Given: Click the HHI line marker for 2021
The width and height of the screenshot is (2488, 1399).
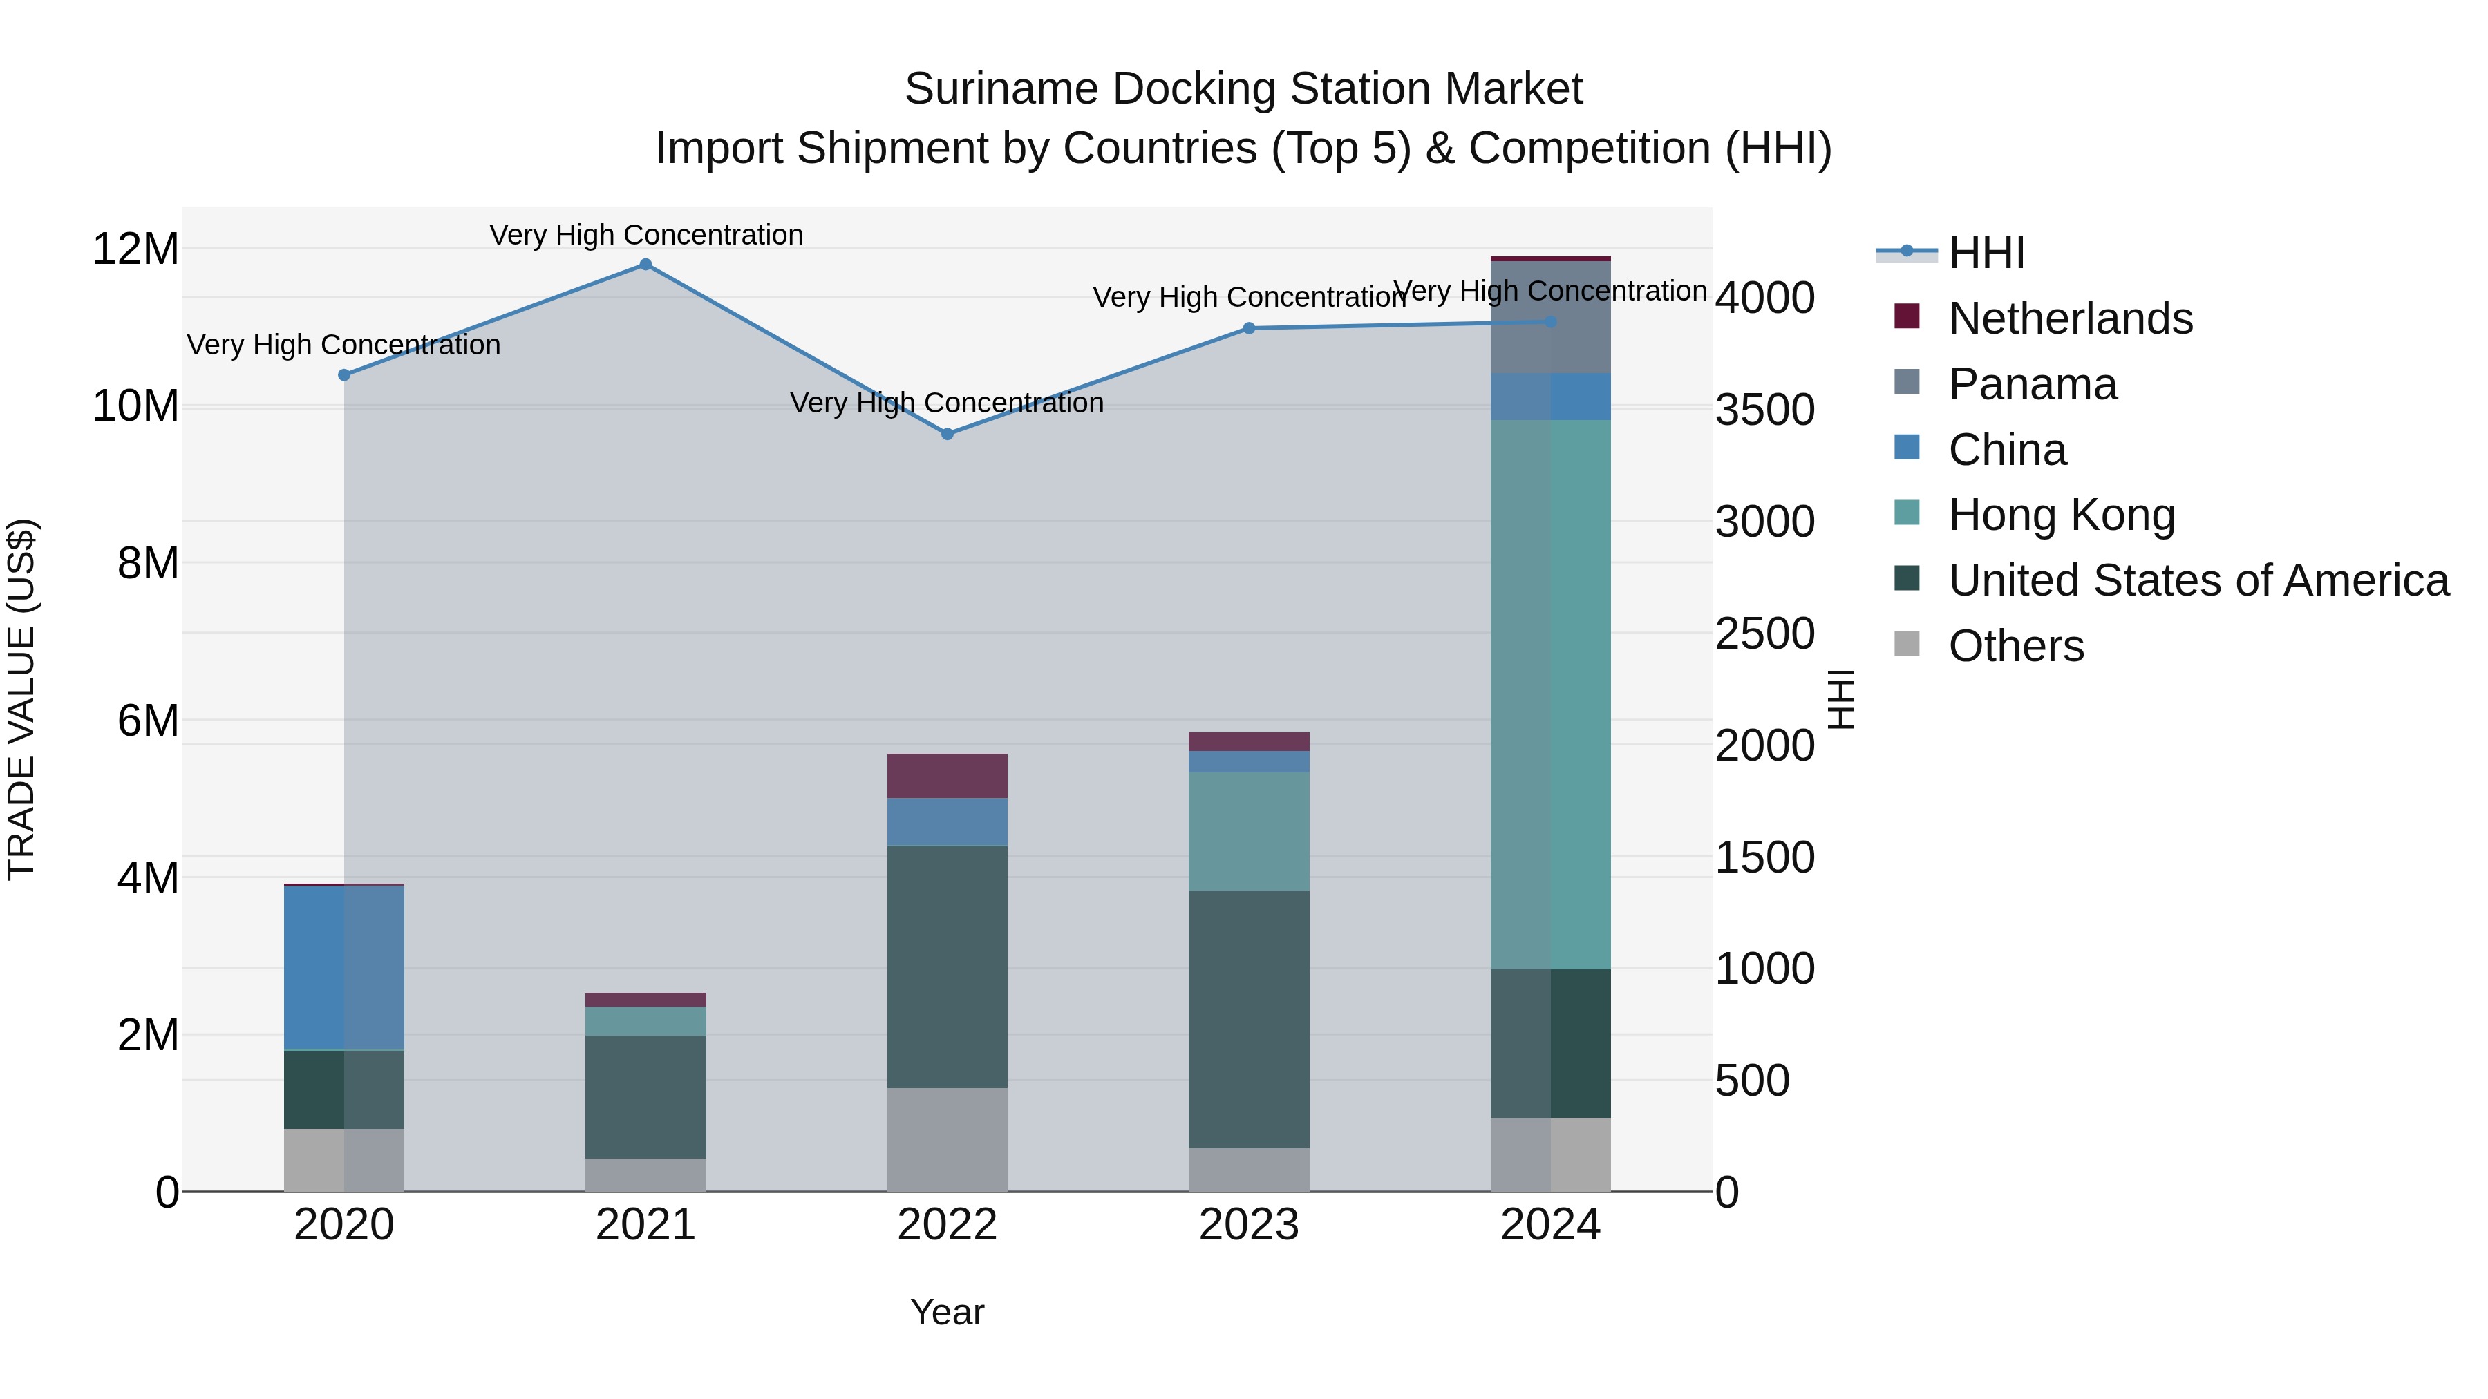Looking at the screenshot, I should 645,265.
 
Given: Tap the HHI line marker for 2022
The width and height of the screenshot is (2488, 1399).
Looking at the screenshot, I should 947,435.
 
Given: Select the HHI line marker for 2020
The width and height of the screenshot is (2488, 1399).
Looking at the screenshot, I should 344,374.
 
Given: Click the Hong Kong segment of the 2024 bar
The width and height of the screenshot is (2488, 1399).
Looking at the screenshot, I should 1550,694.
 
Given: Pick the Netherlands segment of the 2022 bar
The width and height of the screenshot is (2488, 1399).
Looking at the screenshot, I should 947,775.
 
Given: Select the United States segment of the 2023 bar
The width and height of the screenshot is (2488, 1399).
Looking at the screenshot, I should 1248,1018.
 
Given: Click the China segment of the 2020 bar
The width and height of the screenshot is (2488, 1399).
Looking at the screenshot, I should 344,967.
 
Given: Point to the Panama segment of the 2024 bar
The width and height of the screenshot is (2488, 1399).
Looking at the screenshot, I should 1550,316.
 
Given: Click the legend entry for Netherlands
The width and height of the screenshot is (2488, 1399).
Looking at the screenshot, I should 2070,318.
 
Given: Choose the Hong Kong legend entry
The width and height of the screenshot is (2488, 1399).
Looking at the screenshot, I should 2061,515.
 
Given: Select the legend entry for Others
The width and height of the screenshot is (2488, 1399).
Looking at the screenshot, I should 2016,646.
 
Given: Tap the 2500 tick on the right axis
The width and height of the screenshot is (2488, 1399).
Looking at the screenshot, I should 1764,634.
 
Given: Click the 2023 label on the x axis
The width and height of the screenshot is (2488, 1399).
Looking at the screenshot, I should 1248,1225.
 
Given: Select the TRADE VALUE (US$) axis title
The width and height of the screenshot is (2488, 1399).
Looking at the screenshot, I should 21,699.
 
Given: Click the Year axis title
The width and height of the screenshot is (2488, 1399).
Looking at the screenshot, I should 947,1312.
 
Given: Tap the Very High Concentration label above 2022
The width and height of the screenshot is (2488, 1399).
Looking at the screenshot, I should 947,403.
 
